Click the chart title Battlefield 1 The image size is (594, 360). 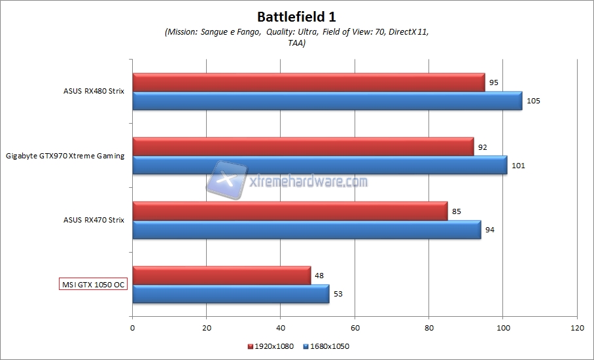296,16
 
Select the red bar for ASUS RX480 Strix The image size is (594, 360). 308,82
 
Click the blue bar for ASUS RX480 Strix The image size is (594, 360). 327,101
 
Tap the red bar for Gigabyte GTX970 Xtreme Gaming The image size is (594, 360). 303,147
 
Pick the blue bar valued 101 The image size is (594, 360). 319,165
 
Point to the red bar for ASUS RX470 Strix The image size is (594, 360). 290,211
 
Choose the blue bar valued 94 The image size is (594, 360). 306,229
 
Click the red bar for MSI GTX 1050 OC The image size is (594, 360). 222,276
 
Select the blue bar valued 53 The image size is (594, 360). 231,294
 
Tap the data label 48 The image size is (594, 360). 319,276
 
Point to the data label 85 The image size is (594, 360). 457,211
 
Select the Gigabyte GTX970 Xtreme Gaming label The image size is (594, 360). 65,156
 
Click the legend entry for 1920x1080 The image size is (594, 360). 271,346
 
